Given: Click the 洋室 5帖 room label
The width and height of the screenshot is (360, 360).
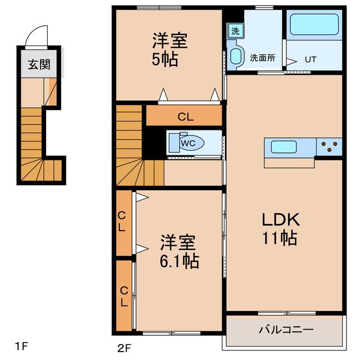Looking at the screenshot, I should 169,50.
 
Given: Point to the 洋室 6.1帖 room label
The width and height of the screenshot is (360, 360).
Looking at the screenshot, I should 178,252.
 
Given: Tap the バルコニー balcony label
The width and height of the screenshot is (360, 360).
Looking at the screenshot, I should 285,330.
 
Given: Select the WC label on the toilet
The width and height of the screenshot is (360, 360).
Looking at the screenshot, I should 188,143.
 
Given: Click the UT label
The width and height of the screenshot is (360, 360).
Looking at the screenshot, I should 310,58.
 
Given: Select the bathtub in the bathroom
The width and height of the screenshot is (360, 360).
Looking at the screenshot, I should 314,25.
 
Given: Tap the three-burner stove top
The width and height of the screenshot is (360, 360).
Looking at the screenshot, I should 330,146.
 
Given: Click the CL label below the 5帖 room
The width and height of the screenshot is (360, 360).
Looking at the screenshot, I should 185,117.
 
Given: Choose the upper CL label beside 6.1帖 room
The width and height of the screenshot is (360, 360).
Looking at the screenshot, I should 122,223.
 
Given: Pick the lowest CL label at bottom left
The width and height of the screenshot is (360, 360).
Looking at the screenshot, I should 124,296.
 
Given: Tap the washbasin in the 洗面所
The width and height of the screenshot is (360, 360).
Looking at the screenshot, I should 236,57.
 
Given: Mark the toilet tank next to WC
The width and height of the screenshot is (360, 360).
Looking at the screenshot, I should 172,143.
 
